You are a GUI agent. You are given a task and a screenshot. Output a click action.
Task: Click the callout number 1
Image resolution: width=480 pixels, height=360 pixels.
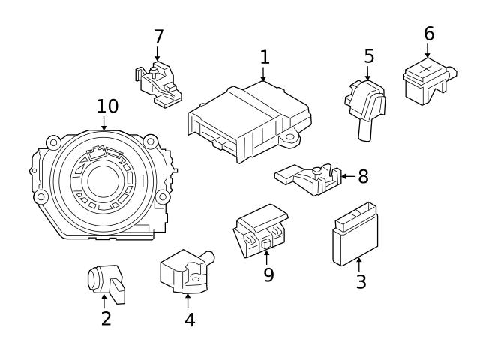pyautogui.click(x=264, y=57)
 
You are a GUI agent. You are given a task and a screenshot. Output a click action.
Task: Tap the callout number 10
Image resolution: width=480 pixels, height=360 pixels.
pyautogui.click(x=107, y=106)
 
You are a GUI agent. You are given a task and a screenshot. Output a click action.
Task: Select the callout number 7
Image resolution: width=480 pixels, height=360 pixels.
pyautogui.click(x=158, y=37)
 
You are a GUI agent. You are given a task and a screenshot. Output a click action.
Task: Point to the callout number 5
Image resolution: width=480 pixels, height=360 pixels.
pyautogui.click(x=369, y=56)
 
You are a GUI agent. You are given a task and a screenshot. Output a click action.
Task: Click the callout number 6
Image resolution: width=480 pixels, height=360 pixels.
pyautogui.click(x=428, y=34)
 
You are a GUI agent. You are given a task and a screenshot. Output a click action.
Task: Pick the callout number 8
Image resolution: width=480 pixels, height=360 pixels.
pyautogui.click(x=363, y=177)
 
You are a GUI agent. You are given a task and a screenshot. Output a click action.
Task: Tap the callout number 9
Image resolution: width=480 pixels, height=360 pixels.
pyautogui.click(x=268, y=274)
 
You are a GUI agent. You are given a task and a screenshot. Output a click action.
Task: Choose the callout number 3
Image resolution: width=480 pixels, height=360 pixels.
pyautogui.click(x=361, y=283)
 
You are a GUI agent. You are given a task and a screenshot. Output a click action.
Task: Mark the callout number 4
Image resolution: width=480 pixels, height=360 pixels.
pyautogui.click(x=190, y=319)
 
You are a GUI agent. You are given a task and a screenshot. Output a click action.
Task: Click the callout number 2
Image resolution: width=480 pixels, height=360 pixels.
pyautogui.click(x=106, y=318)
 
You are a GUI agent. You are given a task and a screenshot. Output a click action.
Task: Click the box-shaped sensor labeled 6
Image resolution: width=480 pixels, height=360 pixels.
pyautogui.click(x=424, y=79)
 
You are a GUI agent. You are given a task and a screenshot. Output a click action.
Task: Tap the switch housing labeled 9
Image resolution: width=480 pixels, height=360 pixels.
pyautogui.click(x=260, y=230)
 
